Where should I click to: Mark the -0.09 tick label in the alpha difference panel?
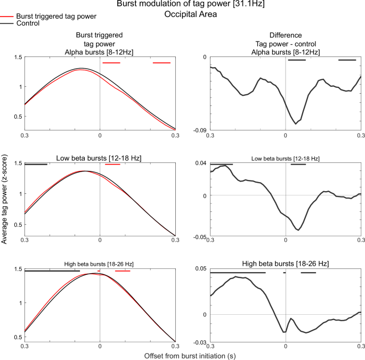200,130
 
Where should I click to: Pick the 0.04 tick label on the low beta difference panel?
202,163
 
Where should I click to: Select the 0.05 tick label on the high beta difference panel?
202,268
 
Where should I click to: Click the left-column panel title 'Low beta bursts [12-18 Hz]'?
99,158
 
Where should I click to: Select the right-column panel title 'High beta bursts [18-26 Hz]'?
285,264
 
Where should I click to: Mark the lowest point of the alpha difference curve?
296,124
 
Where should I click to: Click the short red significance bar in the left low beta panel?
113,165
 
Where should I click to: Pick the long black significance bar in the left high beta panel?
52,271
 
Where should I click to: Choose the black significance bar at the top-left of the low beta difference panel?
222,165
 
